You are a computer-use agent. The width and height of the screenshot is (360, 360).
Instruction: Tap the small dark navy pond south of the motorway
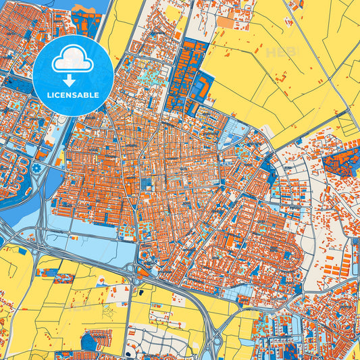click(x=140, y=292)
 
